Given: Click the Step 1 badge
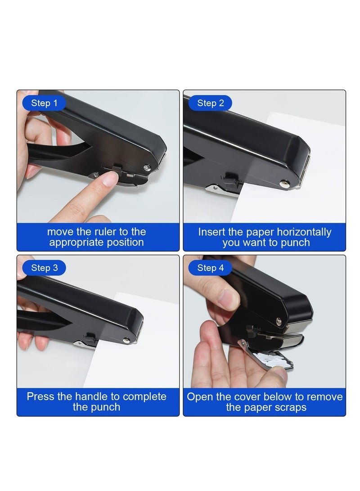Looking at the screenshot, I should point(44,103).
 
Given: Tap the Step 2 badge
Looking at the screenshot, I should point(210,103).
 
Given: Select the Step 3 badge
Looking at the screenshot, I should point(44,268).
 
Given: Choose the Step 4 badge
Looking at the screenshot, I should point(210,268).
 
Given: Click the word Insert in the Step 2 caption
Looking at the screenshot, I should point(212,232).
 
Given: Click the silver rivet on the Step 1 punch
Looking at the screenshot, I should point(147,168).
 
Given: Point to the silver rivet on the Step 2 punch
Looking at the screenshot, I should point(284,183).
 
